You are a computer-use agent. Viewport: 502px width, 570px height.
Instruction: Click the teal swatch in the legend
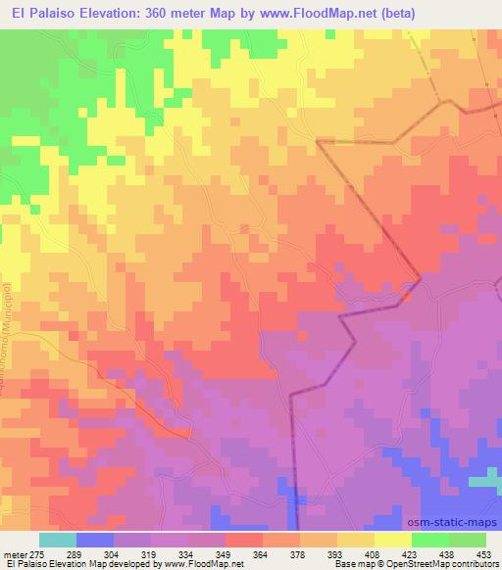click(x=57, y=539)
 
